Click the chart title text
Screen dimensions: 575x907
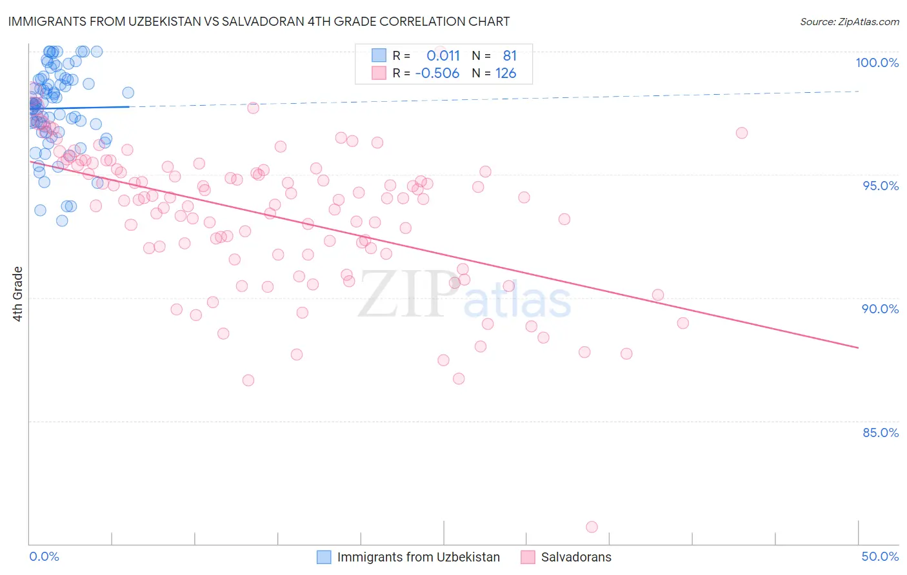pos(258,21)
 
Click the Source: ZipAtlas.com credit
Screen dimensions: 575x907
pos(849,21)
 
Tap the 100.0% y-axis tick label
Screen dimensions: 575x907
pos(877,63)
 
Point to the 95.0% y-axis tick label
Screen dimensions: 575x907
pos(880,186)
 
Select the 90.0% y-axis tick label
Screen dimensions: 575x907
pos(880,309)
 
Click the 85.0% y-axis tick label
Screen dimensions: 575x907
pos(880,433)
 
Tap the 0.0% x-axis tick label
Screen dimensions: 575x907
pos(44,556)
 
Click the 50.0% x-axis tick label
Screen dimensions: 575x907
pos(880,556)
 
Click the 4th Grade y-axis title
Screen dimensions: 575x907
pos(18,294)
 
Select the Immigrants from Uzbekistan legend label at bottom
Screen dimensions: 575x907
pos(418,557)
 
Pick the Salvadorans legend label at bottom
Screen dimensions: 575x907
pos(576,557)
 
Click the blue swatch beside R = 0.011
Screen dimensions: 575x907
pos(379,55)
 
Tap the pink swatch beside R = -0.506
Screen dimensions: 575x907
pos(379,73)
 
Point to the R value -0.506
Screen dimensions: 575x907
pos(437,73)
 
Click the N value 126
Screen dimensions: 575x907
pos(506,73)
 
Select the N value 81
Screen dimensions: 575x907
pos(510,55)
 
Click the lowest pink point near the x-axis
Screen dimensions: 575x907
pos(592,527)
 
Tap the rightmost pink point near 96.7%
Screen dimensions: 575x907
pos(742,133)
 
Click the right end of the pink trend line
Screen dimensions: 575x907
pos(858,347)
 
